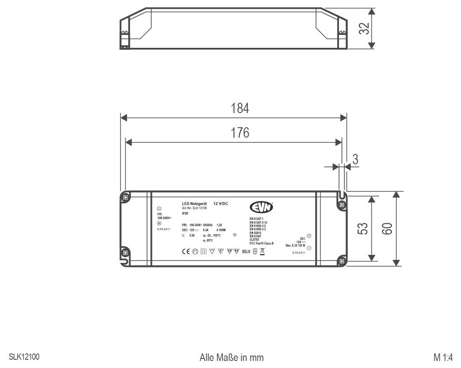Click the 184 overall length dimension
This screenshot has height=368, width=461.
click(240, 109)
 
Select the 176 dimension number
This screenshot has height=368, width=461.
click(240, 133)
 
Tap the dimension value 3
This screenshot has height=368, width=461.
click(355, 159)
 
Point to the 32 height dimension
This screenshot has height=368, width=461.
click(364, 29)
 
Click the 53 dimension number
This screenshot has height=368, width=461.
click(363, 229)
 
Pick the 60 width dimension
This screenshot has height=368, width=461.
click(387, 229)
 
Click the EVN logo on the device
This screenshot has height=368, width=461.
click(261, 207)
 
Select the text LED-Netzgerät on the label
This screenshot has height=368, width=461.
click(194, 204)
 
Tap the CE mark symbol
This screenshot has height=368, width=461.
click(186, 252)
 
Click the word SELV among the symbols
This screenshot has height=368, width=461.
click(246, 252)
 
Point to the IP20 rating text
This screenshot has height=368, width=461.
click(185, 213)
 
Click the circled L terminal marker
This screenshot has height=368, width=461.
click(159, 209)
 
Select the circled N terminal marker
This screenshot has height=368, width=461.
click(159, 224)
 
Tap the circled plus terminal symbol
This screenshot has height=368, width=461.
click(309, 236)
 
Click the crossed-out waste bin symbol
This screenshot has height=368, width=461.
click(262, 251)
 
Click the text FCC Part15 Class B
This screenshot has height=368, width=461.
click(261, 243)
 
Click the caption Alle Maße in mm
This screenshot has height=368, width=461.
click(232, 358)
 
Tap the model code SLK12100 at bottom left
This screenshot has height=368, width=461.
click(24, 357)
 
